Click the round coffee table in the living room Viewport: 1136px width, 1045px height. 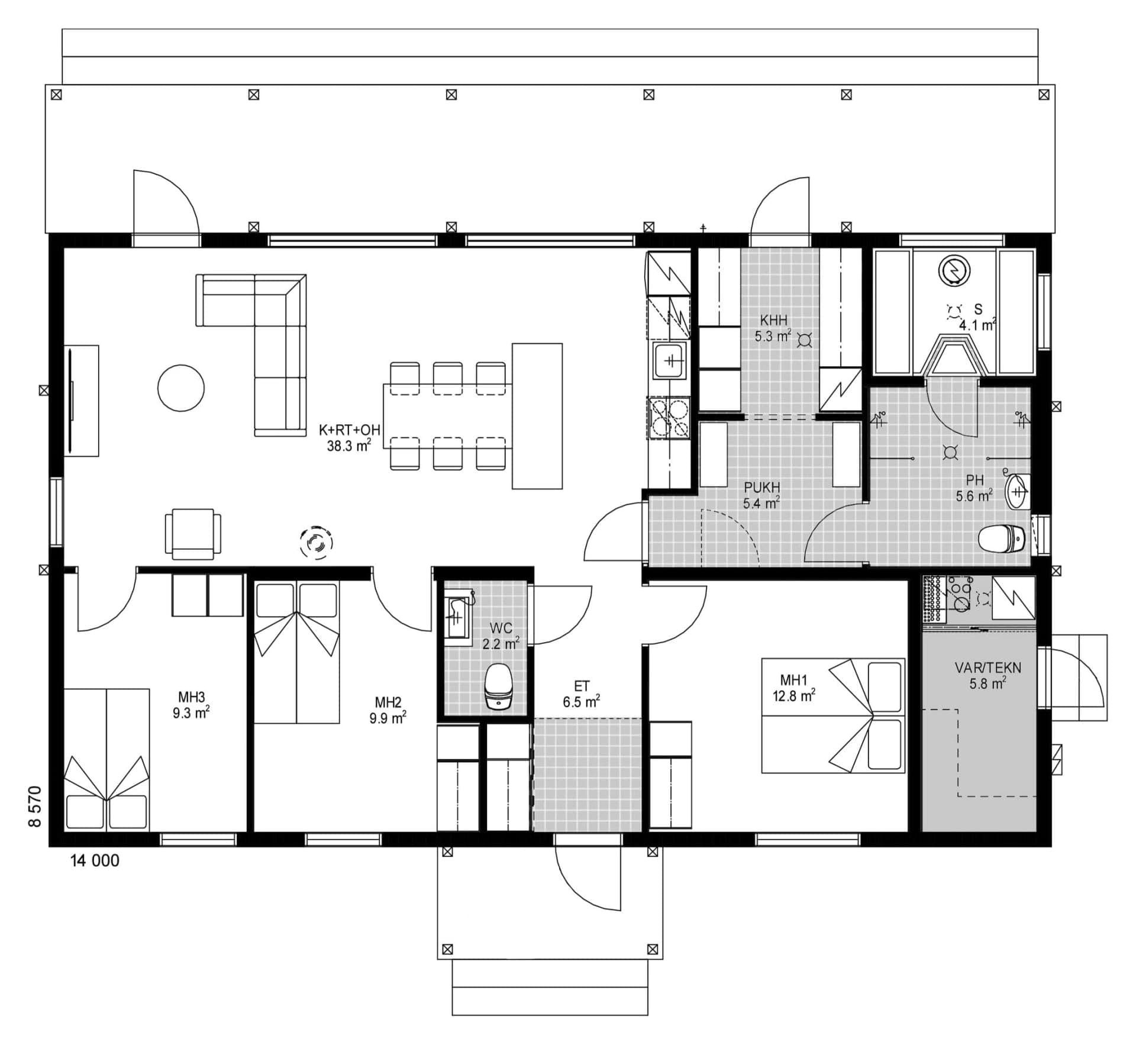(x=181, y=388)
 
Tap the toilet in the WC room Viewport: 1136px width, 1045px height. (x=498, y=686)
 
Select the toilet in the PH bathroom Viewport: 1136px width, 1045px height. (x=1001, y=538)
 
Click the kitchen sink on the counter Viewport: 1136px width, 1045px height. (x=670, y=360)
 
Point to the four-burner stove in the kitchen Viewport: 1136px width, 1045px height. (x=670, y=418)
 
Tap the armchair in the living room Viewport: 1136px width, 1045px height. (x=193, y=534)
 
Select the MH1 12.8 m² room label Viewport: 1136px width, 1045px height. (x=793, y=688)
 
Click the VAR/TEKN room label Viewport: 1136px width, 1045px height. (x=987, y=675)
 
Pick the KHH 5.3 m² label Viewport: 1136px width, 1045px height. (x=773, y=328)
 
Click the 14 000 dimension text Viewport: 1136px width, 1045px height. (x=95, y=861)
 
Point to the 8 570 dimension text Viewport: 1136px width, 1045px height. (x=35, y=806)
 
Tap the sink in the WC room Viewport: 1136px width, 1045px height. (x=457, y=617)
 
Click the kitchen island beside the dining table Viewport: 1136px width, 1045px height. (x=537, y=416)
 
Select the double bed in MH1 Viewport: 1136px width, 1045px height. (x=832, y=715)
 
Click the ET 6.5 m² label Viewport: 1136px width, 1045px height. (x=581, y=694)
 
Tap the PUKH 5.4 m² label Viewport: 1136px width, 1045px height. (x=761, y=495)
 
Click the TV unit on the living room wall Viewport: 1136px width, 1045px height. (x=82, y=401)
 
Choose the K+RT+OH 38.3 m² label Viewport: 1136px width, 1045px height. (x=349, y=438)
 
